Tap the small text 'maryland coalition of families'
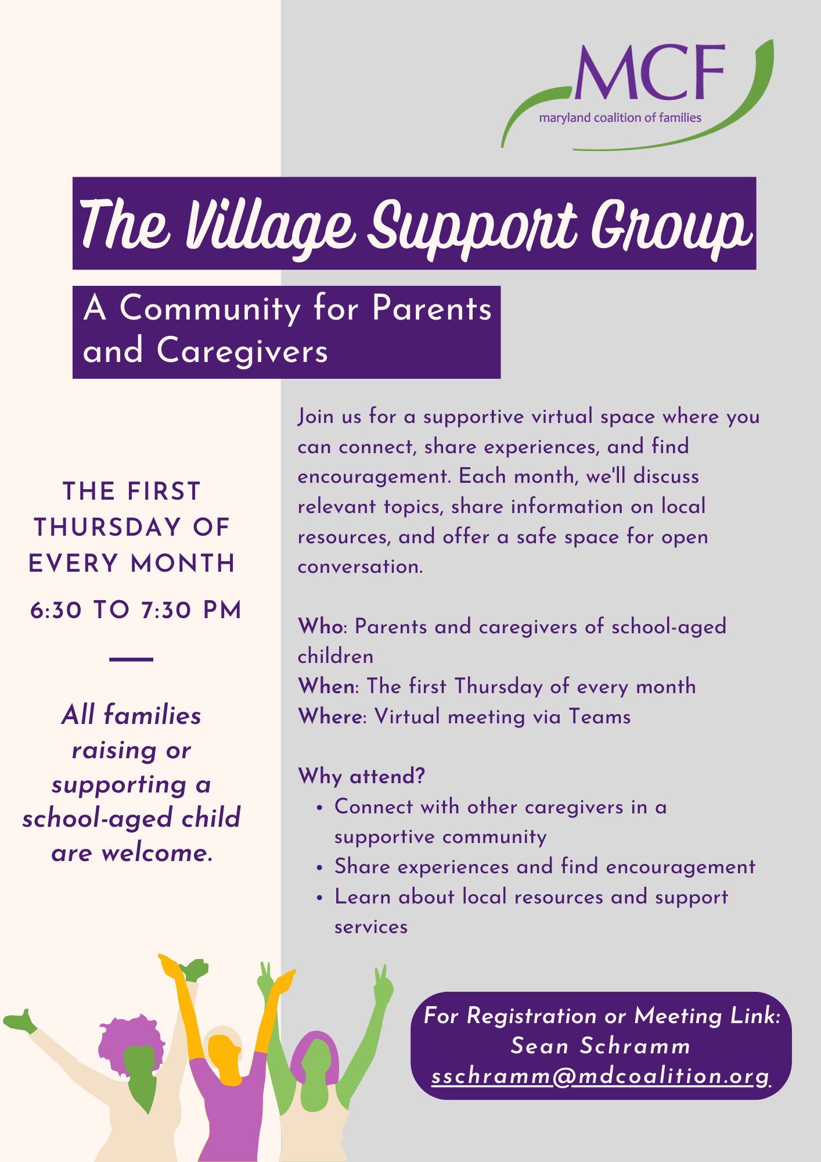tap(620, 118)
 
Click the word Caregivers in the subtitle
tap(242, 351)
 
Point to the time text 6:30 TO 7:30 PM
tap(136, 611)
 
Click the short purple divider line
tap(131, 659)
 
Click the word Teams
tap(599, 716)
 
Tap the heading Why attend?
tap(361, 776)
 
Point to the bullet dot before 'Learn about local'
tap(319, 898)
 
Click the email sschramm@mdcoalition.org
tap(601, 1076)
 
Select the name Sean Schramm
tap(601, 1046)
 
